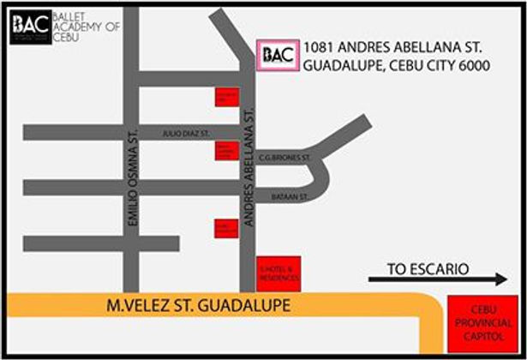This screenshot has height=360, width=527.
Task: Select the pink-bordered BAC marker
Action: (x=278, y=56)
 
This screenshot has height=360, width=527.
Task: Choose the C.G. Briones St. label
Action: (x=283, y=158)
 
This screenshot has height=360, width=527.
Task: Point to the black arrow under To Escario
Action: (x=437, y=279)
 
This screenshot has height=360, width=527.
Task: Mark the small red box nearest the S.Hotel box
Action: (x=225, y=229)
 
